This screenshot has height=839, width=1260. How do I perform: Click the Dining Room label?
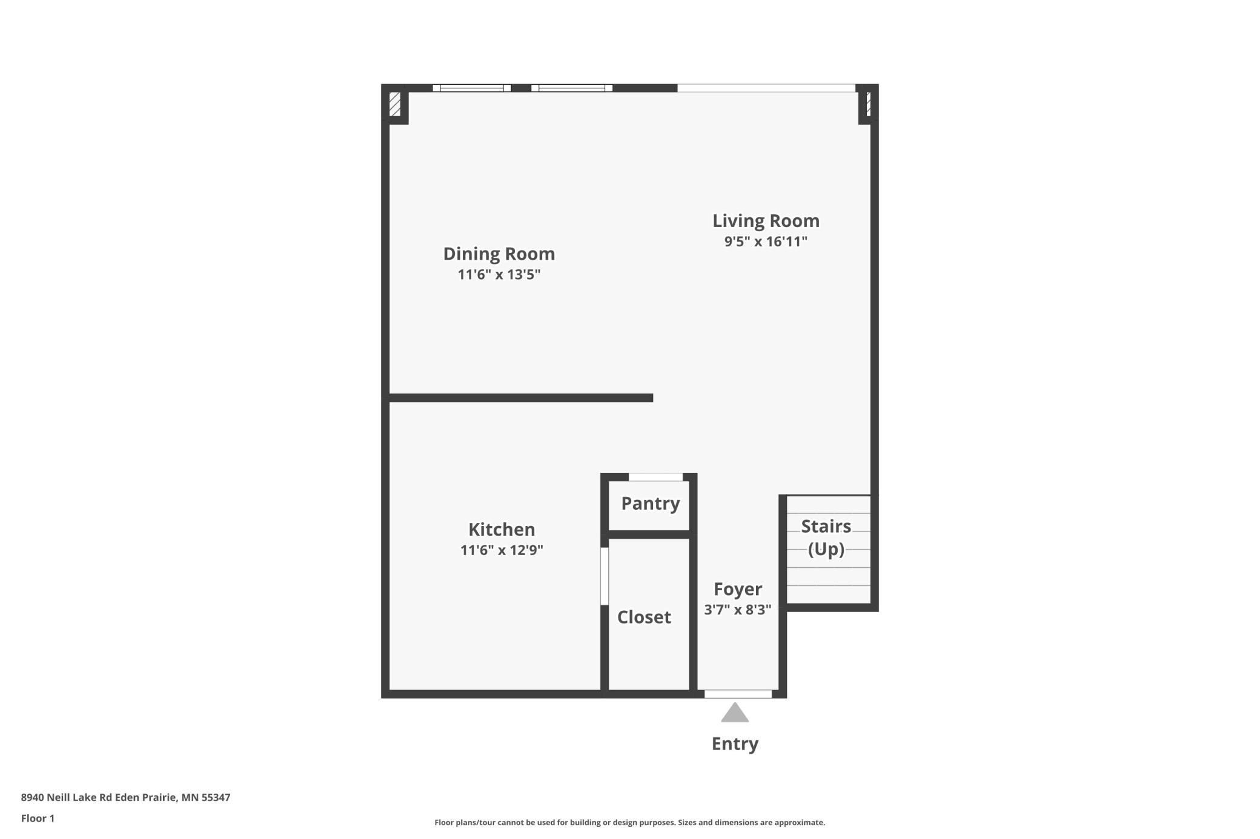pyautogui.click(x=499, y=254)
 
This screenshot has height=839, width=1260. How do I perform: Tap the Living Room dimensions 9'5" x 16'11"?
pyautogui.click(x=766, y=242)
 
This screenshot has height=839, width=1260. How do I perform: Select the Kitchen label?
pyautogui.click(x=502, y=530)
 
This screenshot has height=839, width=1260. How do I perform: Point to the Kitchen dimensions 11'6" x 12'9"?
pyautogui.click(x=502, y=550)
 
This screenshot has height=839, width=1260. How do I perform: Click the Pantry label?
pyautogui.click(x=650, y=503)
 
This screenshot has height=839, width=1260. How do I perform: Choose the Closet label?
pyautogui.click(x=644, y=617)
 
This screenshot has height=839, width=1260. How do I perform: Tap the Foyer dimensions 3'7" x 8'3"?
pyautogui.click(x=737, y=610)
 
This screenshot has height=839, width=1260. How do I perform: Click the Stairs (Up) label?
pyautogui.click(x=826, y=538)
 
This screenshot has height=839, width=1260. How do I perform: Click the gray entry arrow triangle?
pyautogui.click(x=735, y=714)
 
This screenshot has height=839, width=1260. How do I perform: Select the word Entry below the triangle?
pyautogui.click(x=735, y=743)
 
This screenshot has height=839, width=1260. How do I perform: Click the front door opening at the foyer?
pyautogui.click(x=738, y=694)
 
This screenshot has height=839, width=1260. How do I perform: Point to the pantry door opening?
pyautogui.click(x=655, y=477)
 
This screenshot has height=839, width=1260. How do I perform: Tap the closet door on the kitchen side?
pyautogui.click(x=604, y=576)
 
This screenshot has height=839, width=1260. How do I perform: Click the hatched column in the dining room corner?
pyautogui.click(x=395, y=104)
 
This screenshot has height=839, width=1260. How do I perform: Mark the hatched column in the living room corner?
pyautogui.click(x=867, y=104)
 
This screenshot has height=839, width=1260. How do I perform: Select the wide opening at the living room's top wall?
pyautogui.click(x=766, y=88)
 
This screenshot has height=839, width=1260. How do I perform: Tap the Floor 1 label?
pyautogui.click(x=38, y=818)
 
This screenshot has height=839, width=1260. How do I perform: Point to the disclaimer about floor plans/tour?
pyautogui.click(x=629, y=822)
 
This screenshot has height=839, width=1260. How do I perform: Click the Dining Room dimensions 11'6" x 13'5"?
pyautogui.click(x=499, y=275)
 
